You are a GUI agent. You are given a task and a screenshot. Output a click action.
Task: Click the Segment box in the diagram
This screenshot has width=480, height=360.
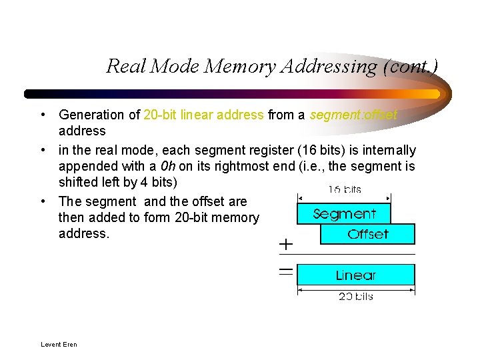point(343,214)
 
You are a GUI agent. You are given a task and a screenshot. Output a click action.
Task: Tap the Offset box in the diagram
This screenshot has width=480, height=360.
point(367,234)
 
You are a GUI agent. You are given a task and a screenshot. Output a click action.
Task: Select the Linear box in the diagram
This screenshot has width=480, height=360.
point(355,275)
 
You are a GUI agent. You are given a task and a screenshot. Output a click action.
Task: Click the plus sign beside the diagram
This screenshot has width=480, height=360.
point(285,245)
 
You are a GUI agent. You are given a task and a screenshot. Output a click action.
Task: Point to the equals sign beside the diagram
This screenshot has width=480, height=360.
point(285,271)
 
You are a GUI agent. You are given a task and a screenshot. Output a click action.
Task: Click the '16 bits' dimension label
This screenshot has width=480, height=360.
point(344,189)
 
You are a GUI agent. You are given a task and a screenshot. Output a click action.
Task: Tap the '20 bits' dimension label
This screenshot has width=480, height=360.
point(355,297)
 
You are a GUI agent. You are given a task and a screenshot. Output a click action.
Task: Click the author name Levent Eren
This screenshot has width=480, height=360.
point(59,345)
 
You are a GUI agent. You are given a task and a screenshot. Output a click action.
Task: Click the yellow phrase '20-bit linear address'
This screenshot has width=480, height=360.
point(203,115)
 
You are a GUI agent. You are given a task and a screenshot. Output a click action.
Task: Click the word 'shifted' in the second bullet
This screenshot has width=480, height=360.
point(78,182)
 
